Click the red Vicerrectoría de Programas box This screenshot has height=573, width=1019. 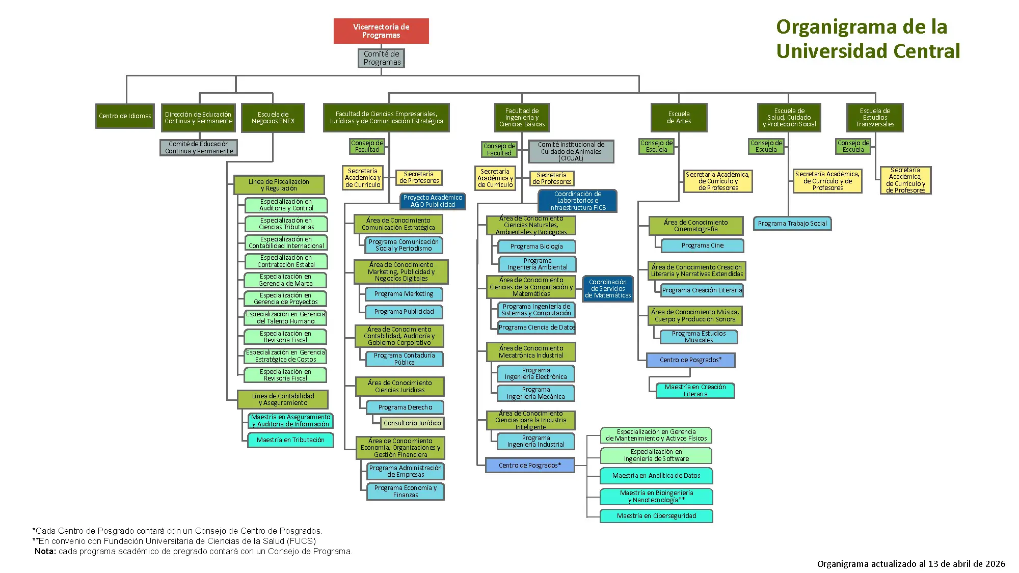[x=381, y=31]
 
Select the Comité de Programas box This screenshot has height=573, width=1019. [x=382, y=58]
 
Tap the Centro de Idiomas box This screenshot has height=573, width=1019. [x=125, y=116]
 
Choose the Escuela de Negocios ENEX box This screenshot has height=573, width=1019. [x=273, y=118]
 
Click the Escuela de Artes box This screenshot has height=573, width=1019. [x=679, y=118]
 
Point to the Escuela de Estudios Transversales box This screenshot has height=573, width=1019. [x=874, y=118]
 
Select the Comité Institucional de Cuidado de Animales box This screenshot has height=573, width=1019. [x=571, y=151]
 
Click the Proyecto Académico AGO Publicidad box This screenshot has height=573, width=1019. [x=433, y=201]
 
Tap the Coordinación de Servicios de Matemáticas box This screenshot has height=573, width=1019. [x=607, y=288]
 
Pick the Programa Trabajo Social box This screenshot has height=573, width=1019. [x=792, y=224]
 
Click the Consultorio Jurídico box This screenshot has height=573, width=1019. [x=412, y=423]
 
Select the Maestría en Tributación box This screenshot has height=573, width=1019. [x=290, y=440]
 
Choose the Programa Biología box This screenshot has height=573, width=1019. [x=537, y=247]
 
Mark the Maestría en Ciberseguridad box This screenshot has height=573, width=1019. [x=656, y=516]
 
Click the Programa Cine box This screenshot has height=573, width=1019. [x=702, y=245]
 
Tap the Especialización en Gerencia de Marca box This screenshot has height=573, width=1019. [x=285, y=280]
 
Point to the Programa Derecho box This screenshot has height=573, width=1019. [x=405, y=407]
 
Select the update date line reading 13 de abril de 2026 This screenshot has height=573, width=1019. [x=911, y=564]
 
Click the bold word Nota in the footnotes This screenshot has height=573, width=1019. [x=45, y=552]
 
